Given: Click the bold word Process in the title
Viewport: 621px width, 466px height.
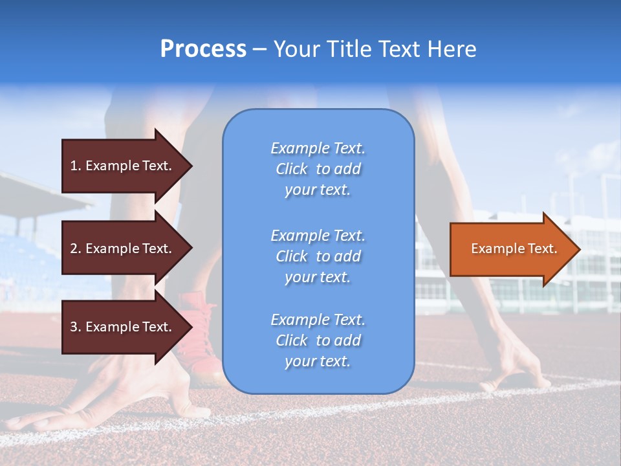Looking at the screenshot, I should point(203,49).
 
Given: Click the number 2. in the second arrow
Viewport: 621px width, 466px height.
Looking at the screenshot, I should point(75,249).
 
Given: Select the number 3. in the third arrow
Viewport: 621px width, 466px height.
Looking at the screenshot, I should point(75,327).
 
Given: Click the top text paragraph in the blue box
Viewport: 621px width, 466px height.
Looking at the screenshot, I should point(318,169).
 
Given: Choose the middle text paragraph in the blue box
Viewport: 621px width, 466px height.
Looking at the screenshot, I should point(318,256).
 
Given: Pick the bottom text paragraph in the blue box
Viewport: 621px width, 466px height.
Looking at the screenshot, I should point(318,340).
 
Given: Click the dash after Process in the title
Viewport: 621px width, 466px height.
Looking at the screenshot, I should point(259,49).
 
